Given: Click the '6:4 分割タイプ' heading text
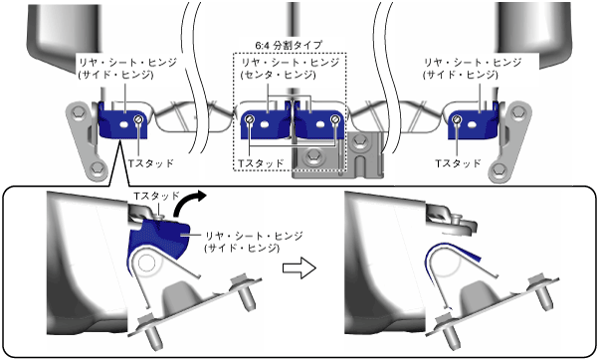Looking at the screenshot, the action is pos(289,46).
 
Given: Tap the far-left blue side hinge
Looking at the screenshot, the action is pos(122,123).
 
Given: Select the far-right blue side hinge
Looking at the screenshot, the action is pos(473,123).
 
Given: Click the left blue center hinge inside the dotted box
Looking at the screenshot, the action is pos(266,123).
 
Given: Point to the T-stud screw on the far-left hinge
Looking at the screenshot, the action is pos(138,119).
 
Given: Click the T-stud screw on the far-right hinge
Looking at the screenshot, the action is pos(457,119).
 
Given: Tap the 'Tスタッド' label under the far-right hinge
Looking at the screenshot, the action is pos(458,163).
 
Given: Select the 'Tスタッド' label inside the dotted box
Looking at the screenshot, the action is pos(261,163).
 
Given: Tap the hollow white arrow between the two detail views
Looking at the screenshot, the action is pos(299,268).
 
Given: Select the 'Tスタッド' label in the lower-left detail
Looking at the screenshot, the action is pos(156,196).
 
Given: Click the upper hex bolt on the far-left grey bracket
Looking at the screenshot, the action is pos(79,112).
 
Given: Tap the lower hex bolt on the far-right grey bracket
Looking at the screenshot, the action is pos(499,169).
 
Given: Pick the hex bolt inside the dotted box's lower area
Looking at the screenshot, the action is pos(313,155).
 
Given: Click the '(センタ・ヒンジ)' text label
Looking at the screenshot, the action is pos(279,76).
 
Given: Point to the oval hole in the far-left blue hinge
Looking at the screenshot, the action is pos(123,124).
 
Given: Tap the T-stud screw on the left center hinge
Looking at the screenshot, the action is pos(250,119).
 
